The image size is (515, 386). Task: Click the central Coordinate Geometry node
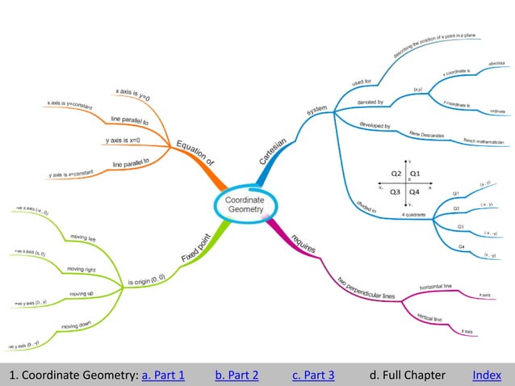tap(244, 204)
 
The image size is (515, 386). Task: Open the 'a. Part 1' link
tap(163, 375)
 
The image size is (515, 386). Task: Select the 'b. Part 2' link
tap(237, 375)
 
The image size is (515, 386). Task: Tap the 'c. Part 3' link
tap(313, 375)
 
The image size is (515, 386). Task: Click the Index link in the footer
tap(487, 375)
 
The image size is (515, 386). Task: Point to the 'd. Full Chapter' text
tap(407, 375)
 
